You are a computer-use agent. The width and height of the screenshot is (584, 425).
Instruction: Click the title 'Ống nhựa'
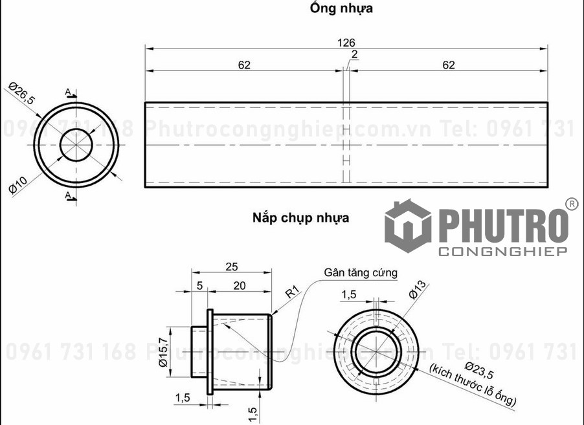[x=341, y=8]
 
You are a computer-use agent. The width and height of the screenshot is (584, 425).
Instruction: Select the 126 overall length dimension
[x=346, y=43]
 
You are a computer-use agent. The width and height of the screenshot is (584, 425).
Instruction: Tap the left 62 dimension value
[x=244, y=65]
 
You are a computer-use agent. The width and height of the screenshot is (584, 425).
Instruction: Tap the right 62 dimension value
[x=449, y=65]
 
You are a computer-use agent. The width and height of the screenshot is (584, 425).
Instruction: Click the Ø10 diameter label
[x=17, y=185]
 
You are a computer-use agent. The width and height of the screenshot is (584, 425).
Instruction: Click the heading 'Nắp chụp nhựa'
[x=300, y=218]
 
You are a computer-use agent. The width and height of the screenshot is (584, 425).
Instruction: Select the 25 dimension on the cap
[x=231, y=267]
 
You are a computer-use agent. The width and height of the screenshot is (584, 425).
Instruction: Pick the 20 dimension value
[x=240, y=285]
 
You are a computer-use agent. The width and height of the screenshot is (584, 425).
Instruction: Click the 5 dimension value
[x=199, y=285]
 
